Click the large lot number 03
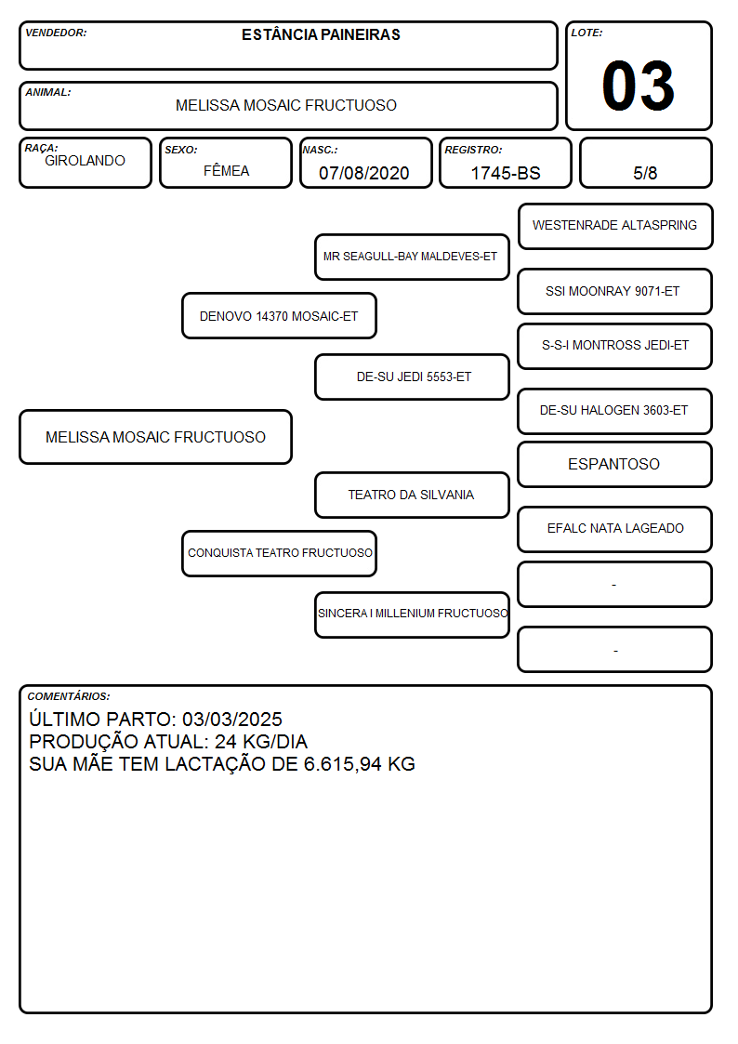click(x=639, y=86)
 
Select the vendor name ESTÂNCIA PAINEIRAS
click(x=321, y=35)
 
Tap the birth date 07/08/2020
click(x=364, y=173)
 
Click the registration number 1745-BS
click(x=506, y=173)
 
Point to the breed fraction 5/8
click(x=645, y=173)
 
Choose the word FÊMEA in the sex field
click(x=226, y=170)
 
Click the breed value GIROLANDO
click(x=85, y=161)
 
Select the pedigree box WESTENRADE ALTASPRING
click(x=615, y=227)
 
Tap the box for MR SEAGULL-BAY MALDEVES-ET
click(x=412, y=257)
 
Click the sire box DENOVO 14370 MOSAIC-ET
click(x=279, y=316)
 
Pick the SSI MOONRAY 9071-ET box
click(x=615, y=292)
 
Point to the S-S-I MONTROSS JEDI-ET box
click(x=615, y=346)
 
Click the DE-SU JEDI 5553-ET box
click(x=412, y=377)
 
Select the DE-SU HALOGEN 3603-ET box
click(x=615, y=412)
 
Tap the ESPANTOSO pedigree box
click(x=615, y=464)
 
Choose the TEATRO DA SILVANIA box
click(x=412, y=496)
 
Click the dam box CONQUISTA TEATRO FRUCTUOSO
click(x=279, y=553)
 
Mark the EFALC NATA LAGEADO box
click(x=615, y=529)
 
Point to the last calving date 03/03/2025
click(x=232, y=720)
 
